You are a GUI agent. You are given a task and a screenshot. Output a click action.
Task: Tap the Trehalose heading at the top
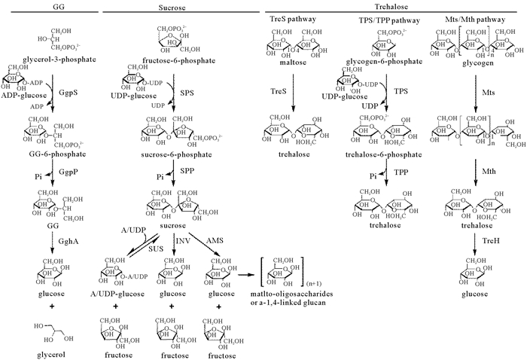pos(392,5)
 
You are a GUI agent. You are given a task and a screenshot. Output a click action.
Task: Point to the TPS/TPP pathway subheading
pos(385,17)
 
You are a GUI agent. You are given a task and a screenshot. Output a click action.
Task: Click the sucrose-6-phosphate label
pos(168,153)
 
